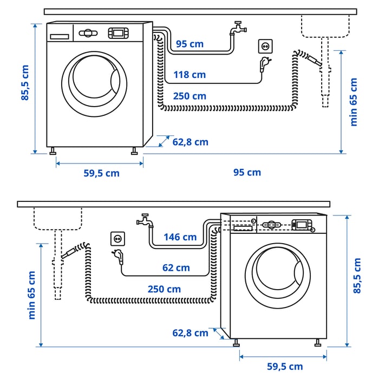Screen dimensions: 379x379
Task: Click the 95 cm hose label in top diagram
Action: click(x=190, y=43)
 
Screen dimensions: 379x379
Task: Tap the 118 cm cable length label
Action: click(x=190, y=75)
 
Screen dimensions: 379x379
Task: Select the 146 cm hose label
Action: click(x=181, y=237)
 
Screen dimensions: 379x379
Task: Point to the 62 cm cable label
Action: click(x=176, y=267)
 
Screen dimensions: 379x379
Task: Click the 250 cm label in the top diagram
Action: click(x=190, y=96)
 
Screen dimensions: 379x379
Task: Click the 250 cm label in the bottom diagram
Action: click(x=164, y=289)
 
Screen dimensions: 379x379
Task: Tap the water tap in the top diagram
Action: click(x=236, y=28)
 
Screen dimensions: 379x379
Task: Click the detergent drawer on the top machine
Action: click(x=60, y=36)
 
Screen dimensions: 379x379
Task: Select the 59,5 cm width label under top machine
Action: click(x=101, y=173)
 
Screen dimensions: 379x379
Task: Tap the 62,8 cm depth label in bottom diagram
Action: click(x=190, y=333)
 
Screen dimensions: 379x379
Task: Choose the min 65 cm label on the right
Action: click(x=354, y=102)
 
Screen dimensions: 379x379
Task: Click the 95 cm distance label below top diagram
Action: click(x=247, y=172)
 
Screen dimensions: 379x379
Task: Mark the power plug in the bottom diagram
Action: click(x=119, y=256)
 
